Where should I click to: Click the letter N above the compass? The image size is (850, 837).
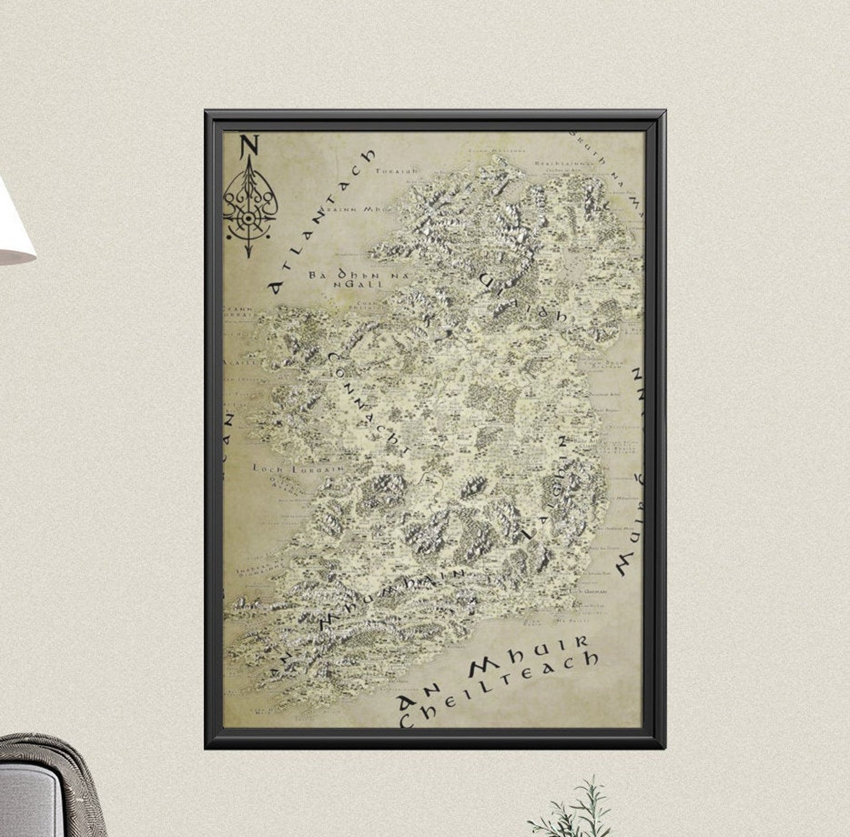[x=249, y=146]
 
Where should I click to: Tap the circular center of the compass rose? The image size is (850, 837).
[x=248, y=219]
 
